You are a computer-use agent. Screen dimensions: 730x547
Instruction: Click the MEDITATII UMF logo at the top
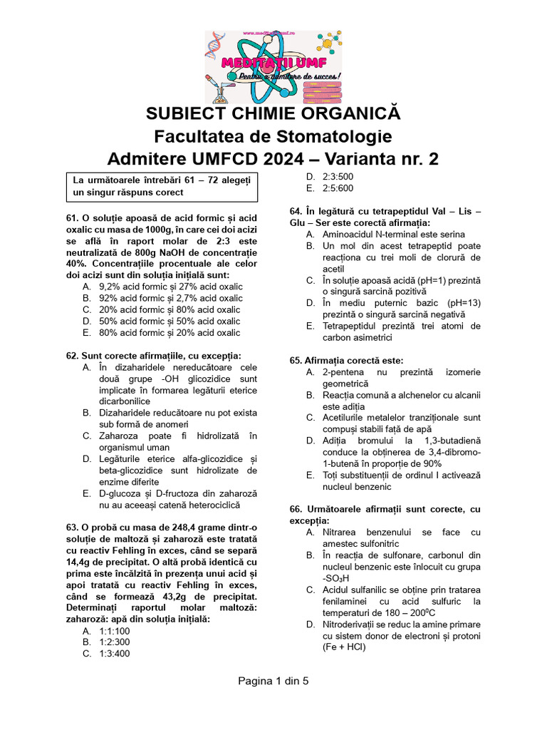point(273,67)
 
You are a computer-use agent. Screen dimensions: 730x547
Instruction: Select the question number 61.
point(72,217)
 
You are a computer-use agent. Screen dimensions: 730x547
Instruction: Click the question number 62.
point(72,356)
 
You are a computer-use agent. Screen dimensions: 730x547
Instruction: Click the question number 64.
point(298,212)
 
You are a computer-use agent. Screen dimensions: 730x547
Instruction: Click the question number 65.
point(298,361)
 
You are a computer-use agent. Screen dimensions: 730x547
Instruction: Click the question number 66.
point(298,510)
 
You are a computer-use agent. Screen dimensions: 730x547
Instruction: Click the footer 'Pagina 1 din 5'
point(273,681)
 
